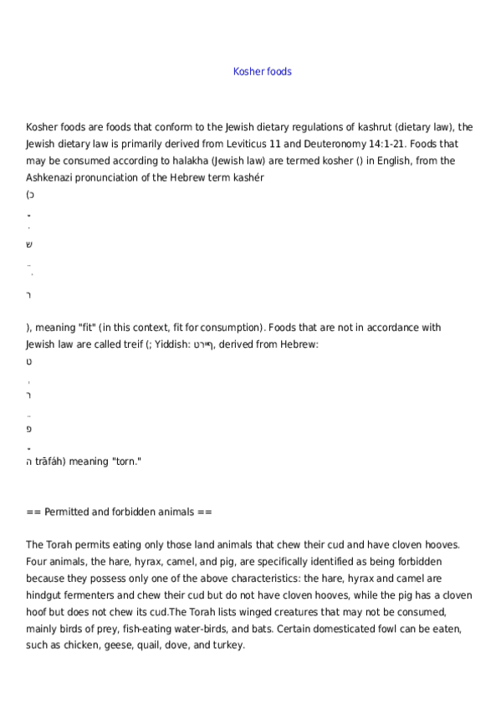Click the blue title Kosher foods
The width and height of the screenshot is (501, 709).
tap(262, 72)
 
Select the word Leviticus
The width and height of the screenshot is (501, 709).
tap(279, 144)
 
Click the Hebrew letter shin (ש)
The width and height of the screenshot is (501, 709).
tap(29, 244)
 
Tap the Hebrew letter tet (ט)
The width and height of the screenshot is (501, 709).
tap(29, 361)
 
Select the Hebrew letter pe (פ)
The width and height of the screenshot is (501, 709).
tap(29, 428)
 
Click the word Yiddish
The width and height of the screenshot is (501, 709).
tap(171, 344)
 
